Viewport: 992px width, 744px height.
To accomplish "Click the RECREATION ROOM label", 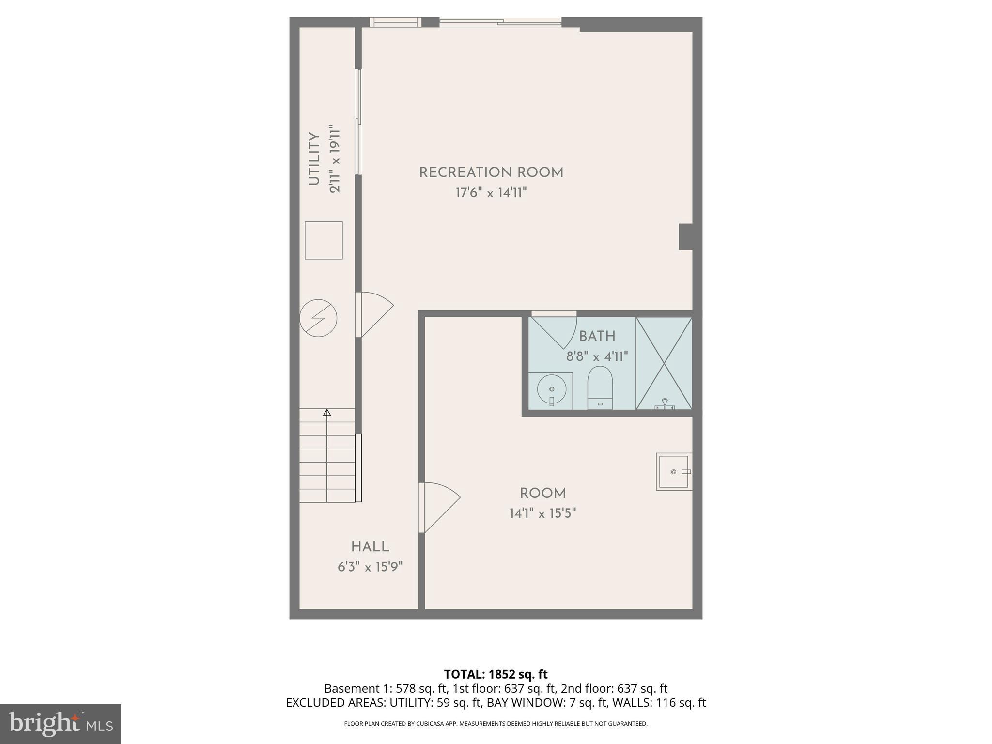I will (x=491, y=172).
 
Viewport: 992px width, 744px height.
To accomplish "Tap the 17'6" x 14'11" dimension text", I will (x=491, y=193).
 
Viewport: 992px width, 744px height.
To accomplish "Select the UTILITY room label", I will (x=314, y=158).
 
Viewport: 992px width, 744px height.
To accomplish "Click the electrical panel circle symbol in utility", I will (x=318, y=318).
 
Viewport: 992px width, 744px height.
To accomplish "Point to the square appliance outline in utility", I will (x=324, y=240).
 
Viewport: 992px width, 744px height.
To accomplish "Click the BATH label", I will (x=597, y=336).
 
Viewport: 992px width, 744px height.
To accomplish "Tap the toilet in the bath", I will (x=600, y=387).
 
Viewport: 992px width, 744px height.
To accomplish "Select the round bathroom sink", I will (x=551, y=389).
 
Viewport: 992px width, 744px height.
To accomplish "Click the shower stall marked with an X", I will (x=664, y=363).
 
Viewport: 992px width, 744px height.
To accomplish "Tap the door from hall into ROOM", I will (x=438, y=506).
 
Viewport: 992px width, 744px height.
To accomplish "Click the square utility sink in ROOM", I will (x=674, y=471).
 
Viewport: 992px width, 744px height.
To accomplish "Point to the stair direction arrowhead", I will (x=327, y=413).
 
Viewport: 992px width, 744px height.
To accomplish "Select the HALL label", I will (x=370, y=546).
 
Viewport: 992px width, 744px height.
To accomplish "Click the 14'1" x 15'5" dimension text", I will (x=542, y=513).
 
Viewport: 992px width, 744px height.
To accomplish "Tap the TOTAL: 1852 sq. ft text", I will (x=496, y=674).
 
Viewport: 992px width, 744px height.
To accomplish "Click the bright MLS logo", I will (x=61, y=724).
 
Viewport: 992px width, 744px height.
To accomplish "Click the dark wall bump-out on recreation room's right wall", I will (x=685, y=237).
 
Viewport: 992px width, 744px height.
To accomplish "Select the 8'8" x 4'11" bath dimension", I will (x=597, y=357).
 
